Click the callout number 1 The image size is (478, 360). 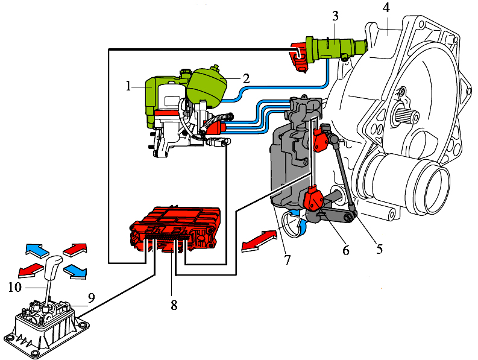click(128, 86)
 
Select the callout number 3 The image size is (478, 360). click(335, 14)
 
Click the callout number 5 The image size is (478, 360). click(379, 247)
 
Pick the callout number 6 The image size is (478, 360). click(346, 249)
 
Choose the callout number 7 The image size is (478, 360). click(288, 260)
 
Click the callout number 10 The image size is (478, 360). click(14, 287)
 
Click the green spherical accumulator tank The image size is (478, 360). click(206, 84)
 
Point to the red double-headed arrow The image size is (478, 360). click(260, 239)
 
